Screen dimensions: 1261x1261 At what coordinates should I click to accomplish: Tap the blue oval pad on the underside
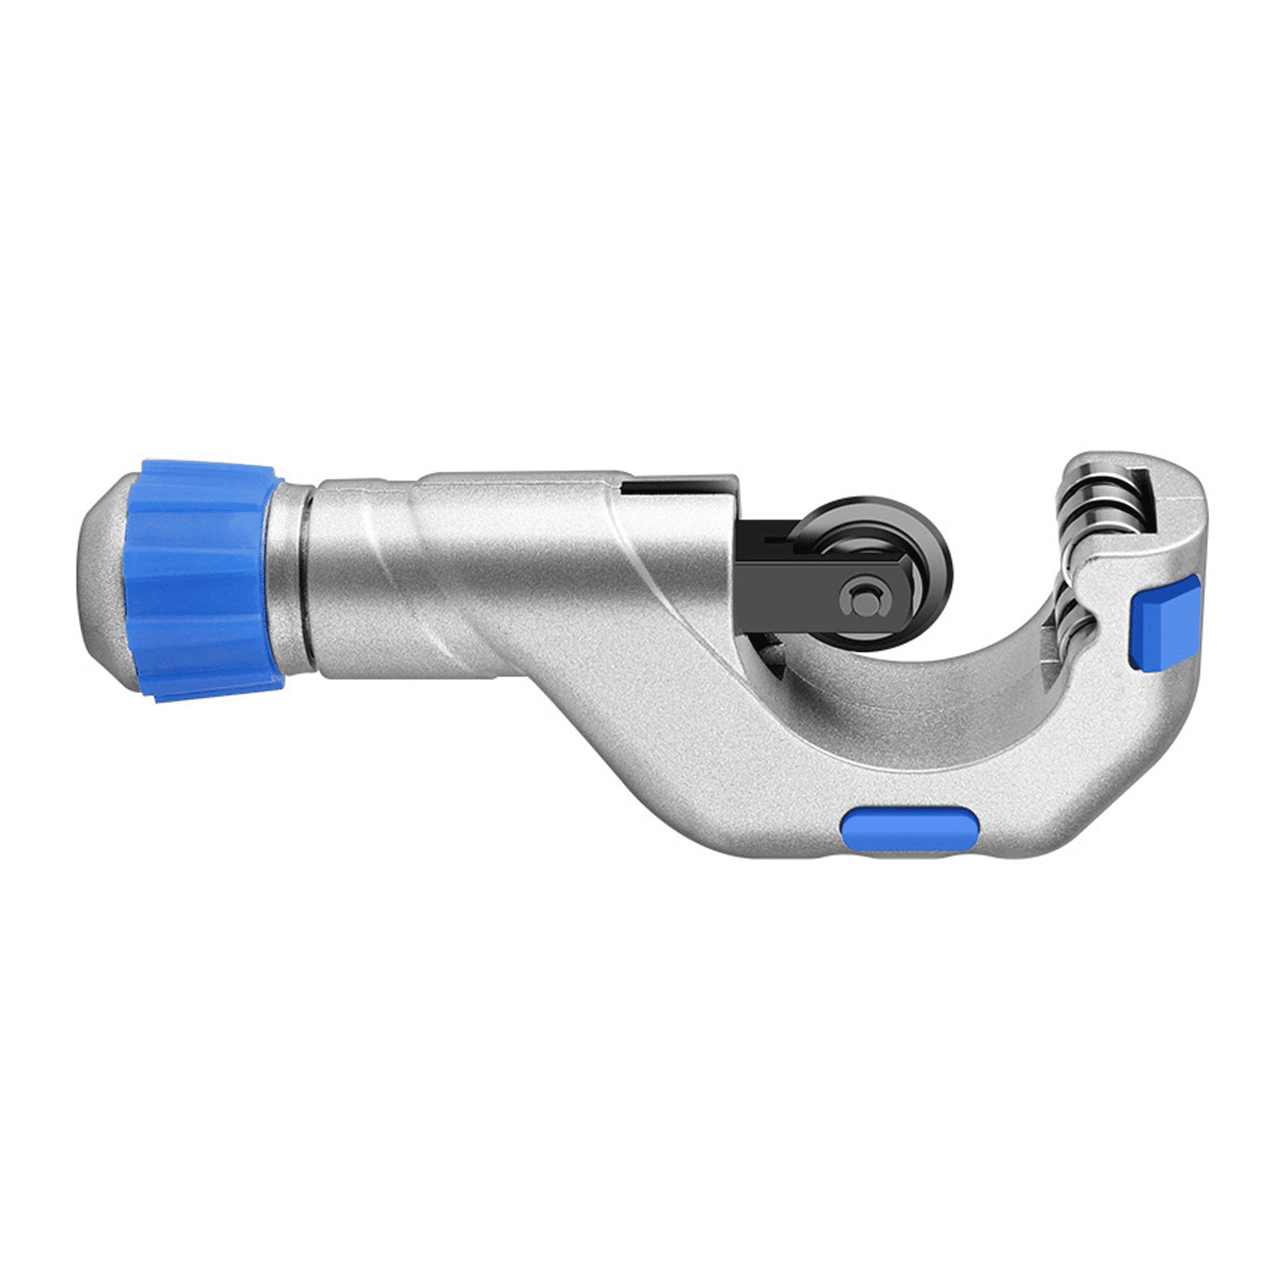tap(909, 830)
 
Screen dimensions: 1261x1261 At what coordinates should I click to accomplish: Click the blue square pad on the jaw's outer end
tap(1165, 623)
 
